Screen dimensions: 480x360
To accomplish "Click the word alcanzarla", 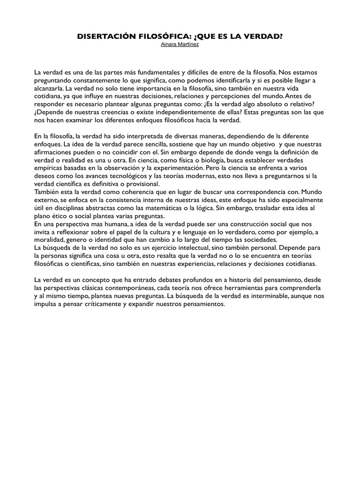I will pyautogui.click(x=49, y=88).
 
